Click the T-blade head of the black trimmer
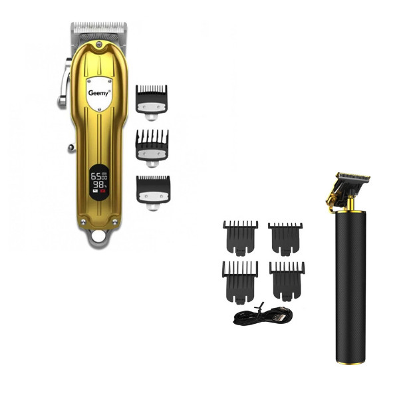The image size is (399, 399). (352, 179)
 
